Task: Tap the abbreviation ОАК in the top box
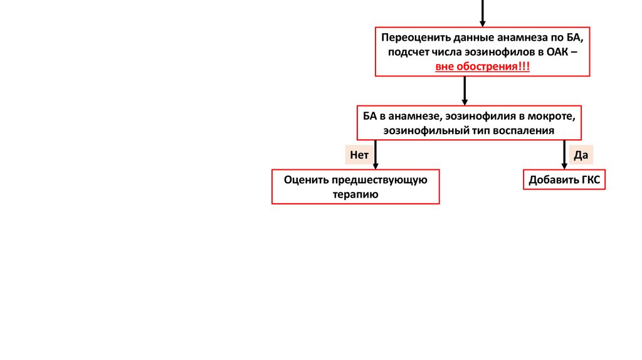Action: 555,53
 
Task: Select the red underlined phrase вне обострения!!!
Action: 483,66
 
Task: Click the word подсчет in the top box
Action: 409,53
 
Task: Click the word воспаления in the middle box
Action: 525,130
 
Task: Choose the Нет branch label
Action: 359,154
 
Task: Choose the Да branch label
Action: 580,154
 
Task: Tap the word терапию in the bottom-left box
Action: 355,194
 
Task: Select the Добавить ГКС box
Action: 564,181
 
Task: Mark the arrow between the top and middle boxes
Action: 465,90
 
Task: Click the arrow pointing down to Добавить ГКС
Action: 564,154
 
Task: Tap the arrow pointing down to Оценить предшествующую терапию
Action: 375,154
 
